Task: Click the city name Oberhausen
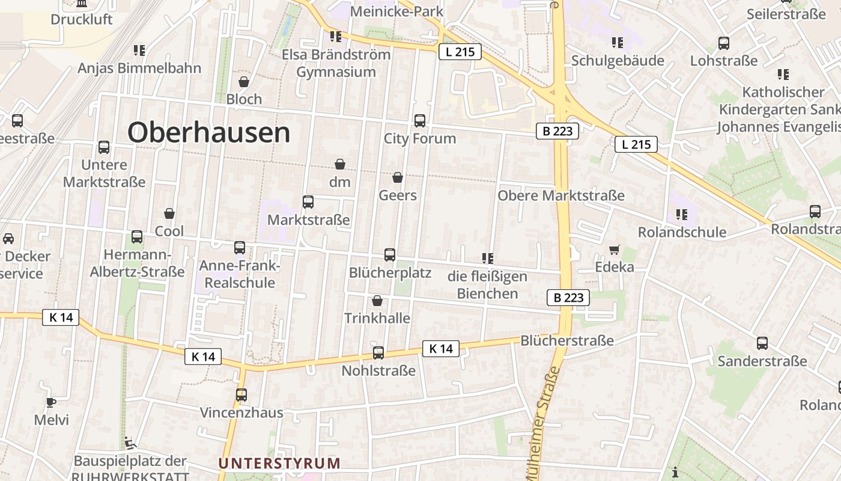point(208,132)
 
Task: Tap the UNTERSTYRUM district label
point(279,464)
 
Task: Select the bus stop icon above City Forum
point(420,120)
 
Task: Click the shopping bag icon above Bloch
point(244,81)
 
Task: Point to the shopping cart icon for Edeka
point(614,250)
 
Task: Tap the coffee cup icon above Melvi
point(51,402)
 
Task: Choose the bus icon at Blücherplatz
point(390,255)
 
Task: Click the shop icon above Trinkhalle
point(377,300)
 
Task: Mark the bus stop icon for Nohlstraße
point(378,353)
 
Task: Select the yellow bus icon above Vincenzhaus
point(241,395)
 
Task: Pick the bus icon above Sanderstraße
point(762,343)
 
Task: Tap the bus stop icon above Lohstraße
point(724,43)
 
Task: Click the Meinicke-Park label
point(396,11)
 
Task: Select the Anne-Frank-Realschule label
point(240,274)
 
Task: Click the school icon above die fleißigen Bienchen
point(487,259)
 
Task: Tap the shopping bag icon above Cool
point(169,213)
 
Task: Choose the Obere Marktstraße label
point(561,196)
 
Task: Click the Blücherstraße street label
point(567,341)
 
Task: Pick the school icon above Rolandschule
point(681,214)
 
